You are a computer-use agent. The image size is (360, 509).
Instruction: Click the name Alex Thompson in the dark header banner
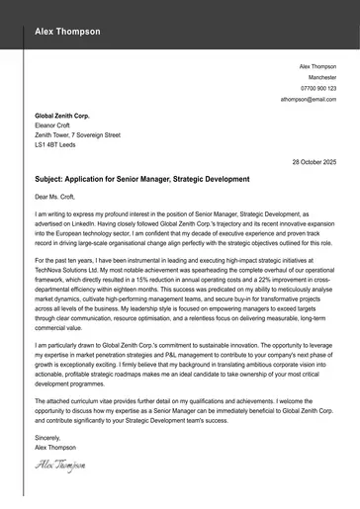(67, 32)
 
